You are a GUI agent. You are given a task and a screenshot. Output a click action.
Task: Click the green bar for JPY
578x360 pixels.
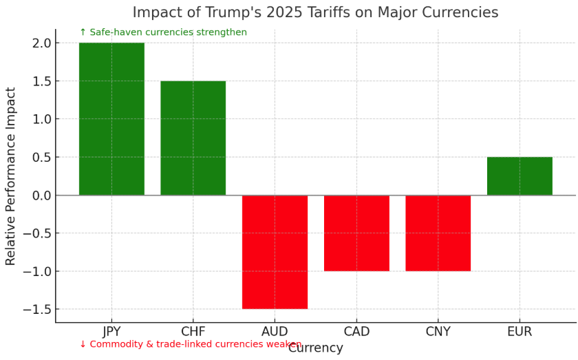coord(111,119)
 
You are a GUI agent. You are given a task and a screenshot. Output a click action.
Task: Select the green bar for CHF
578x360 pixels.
coord(193,138)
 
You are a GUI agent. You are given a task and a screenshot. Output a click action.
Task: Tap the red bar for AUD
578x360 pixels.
coord(275,252)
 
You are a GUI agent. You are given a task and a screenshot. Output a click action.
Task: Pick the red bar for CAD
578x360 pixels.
coord(356,233)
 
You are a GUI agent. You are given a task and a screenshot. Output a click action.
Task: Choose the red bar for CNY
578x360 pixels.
coord(438,233)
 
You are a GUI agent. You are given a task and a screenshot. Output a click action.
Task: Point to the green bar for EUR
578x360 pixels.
coord(520,176)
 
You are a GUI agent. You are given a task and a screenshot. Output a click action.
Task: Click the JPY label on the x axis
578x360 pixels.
coord(111,332)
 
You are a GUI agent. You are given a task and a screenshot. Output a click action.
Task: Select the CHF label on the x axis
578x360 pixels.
coord(193,332)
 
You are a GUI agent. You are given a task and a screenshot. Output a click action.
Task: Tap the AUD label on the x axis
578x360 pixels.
coord(275,332)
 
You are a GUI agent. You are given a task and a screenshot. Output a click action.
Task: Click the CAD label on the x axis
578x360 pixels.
coord(356,332)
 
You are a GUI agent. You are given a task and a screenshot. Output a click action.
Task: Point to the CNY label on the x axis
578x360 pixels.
coord(438,332)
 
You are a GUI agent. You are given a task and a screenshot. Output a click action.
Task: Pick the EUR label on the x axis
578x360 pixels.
coord(520,332)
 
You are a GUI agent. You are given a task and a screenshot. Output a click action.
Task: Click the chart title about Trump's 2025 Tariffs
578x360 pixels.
coord(315,12)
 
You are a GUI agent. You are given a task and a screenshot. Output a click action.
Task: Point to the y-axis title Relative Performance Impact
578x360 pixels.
coord(11,176)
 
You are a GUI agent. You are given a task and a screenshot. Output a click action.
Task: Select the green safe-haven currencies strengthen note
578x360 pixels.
coord(163,32)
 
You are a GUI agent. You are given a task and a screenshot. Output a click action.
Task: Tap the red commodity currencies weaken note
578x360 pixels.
coord(190,344)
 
